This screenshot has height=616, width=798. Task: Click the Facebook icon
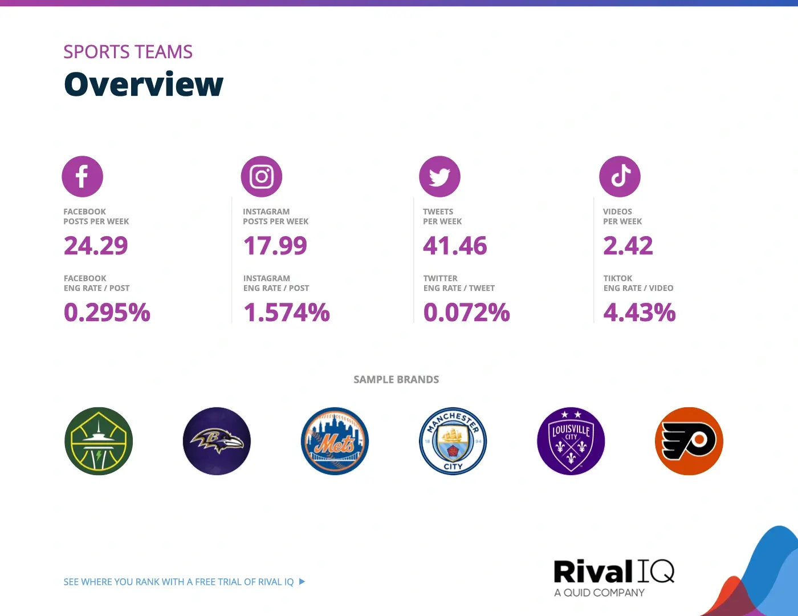[x=82, y=176]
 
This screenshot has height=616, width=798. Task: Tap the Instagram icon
[x=262, y=176]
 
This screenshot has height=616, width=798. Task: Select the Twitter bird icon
[x=439, y=176]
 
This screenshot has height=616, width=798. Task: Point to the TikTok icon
[x=620, y=176]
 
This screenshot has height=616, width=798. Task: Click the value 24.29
[x=96, y=246]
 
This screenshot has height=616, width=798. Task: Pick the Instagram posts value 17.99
[x=275, y=246]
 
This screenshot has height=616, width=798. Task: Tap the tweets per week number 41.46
[x=455, y=246]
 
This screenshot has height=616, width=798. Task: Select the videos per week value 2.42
[x=628, y=246]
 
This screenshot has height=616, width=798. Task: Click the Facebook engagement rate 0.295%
[x=107, y=313]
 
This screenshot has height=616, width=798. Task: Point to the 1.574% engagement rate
[x=287, y=313]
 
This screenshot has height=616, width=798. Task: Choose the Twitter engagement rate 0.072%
[x=467, y=313]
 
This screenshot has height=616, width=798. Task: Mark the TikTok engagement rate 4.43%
[x=640, y=313]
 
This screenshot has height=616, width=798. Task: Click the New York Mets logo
[x=335, y=441]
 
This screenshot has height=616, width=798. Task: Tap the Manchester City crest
[x=453, y=441]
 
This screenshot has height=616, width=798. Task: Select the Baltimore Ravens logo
[x=217, y=441]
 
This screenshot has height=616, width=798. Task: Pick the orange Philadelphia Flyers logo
[x=689, y=441]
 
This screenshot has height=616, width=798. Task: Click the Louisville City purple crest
[x=571, y=441]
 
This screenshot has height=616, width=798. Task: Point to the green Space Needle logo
[x=99, y=441]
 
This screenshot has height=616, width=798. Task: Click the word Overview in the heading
[x=144, y=84]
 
